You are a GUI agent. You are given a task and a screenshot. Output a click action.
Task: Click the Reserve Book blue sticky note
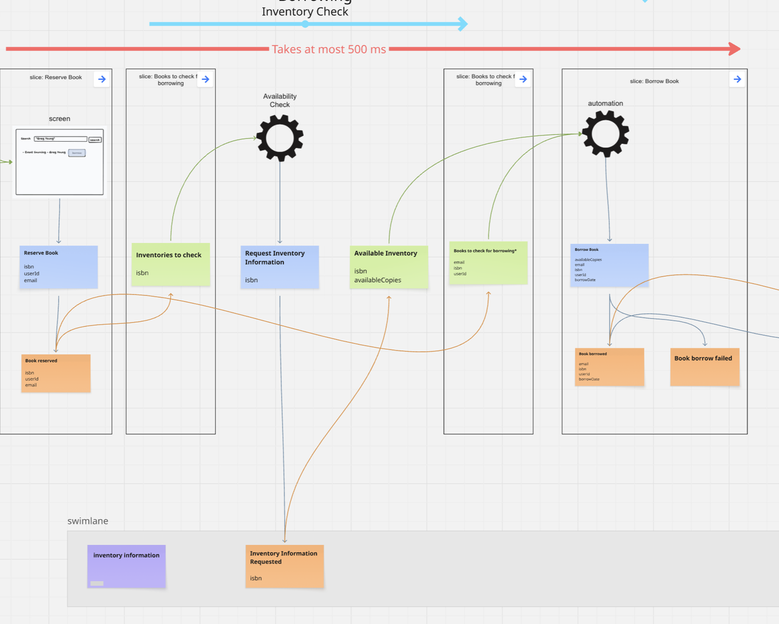[x=59, y=267]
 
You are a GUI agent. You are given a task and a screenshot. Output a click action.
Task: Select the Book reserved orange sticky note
[x=56, y=373]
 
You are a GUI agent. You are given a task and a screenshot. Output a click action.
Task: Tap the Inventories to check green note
[x=170, y=265]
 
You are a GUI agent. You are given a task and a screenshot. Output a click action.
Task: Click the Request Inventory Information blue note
[x=280, y=267]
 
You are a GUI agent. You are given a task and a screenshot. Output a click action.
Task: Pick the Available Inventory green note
[x=389, y=267]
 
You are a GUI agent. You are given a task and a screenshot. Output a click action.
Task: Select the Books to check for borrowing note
[x=488, y=263]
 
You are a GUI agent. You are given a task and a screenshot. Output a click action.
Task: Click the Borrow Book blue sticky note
[x=609, y=265]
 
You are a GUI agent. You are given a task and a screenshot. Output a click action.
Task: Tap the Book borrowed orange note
[x=609, y=367]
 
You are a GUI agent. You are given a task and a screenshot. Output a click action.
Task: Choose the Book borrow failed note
[x=705, y=367]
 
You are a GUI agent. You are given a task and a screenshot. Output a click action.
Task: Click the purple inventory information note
[x=127, y=566]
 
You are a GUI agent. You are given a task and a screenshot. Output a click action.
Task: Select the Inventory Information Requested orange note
[x=285, y=566]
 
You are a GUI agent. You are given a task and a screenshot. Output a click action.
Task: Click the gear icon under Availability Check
[x=280, y=138]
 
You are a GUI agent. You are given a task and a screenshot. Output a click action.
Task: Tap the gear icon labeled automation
[x=605, y=134]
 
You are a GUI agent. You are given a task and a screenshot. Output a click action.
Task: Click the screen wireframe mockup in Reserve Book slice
[x=59, y=162]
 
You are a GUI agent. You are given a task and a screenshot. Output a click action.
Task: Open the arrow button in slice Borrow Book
[x=737, y=79]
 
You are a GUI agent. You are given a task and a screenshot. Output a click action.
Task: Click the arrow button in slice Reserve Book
[x=102, y=79]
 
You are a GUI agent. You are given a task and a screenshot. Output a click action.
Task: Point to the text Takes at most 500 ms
[x=329, y=49]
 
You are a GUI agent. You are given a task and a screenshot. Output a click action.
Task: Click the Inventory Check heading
[x=305, y=11]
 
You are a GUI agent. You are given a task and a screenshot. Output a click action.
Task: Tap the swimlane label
[x=88, y=521]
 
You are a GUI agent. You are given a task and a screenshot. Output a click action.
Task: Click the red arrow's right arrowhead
[x=735, y=49]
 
